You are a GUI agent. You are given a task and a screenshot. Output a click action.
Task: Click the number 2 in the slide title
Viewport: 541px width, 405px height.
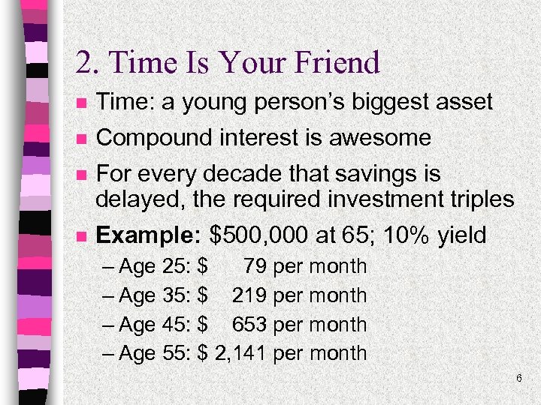(83, 63)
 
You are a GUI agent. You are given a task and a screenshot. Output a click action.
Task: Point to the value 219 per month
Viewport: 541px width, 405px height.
(298, 295)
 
